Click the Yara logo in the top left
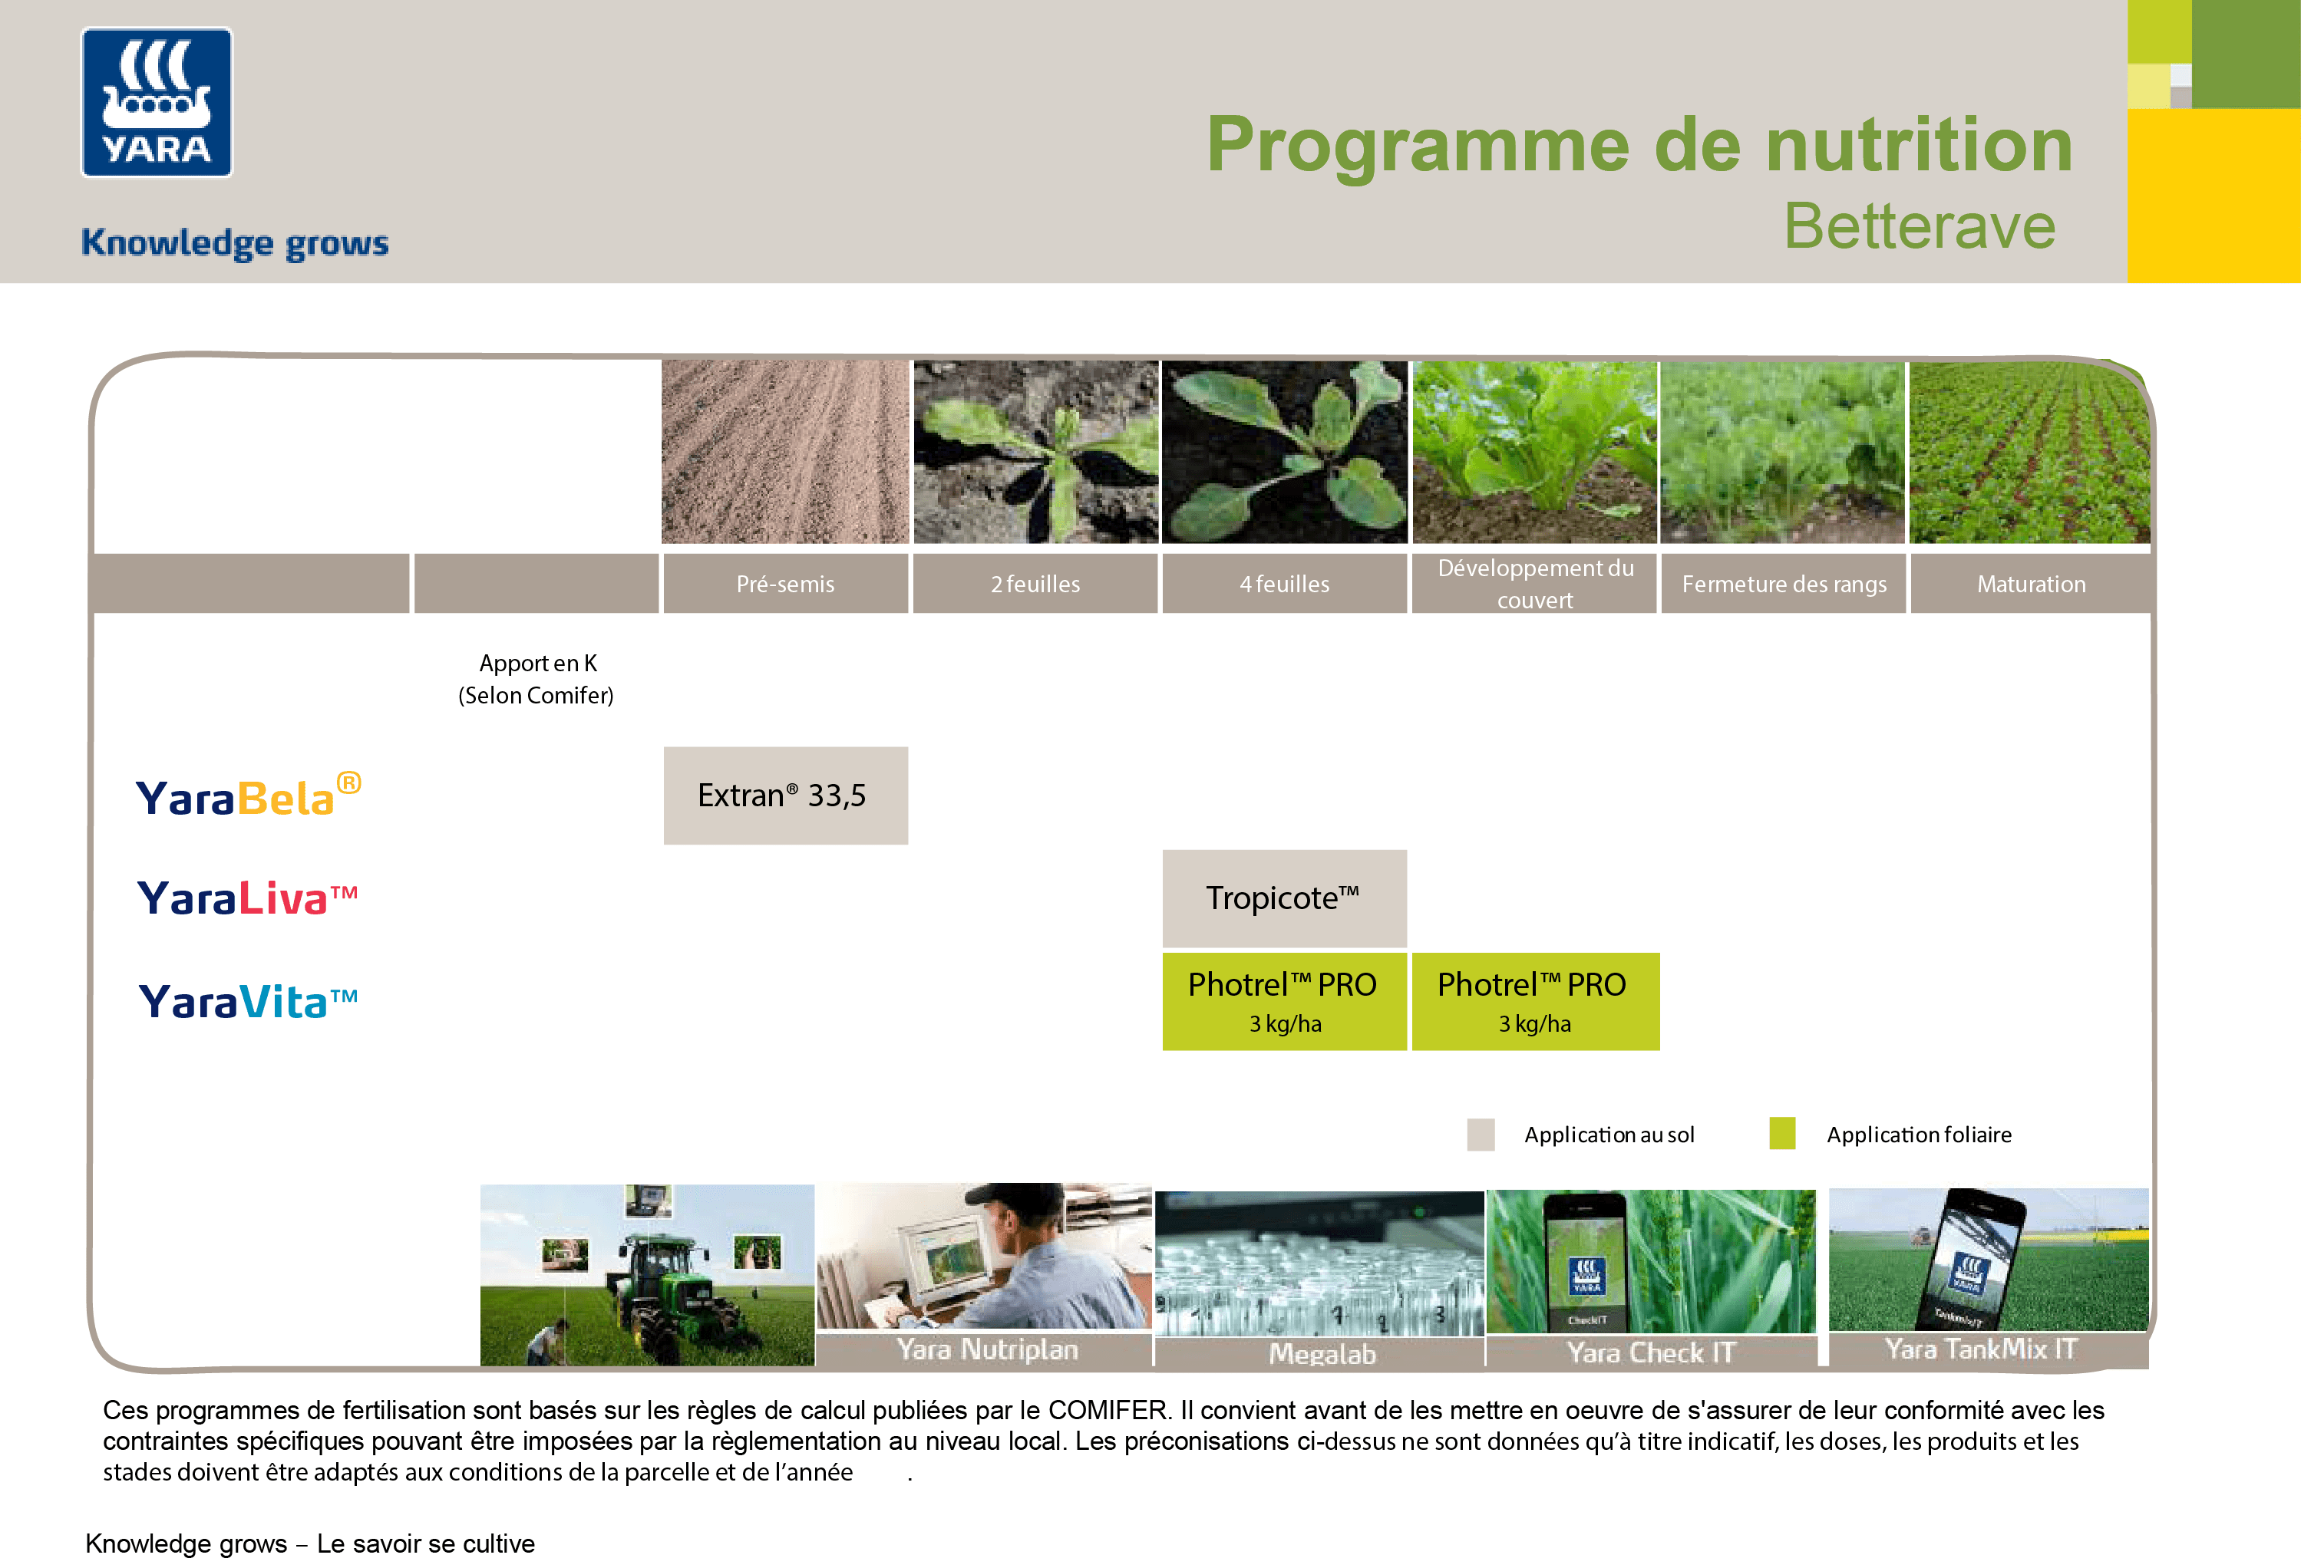(157, 102)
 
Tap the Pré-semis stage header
(785, 584)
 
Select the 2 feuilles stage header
(1035, 584)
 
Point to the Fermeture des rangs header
(1783, 584)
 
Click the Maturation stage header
(2031, 584)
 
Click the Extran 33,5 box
(785, 795)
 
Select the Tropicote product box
(1284, 898)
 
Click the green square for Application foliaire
(1782, 1134)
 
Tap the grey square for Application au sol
(1481, 1135)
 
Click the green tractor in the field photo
(669, 1287)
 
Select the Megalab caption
(1322, 1353)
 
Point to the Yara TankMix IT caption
(1980, 1349)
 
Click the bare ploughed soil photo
(784, 451)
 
